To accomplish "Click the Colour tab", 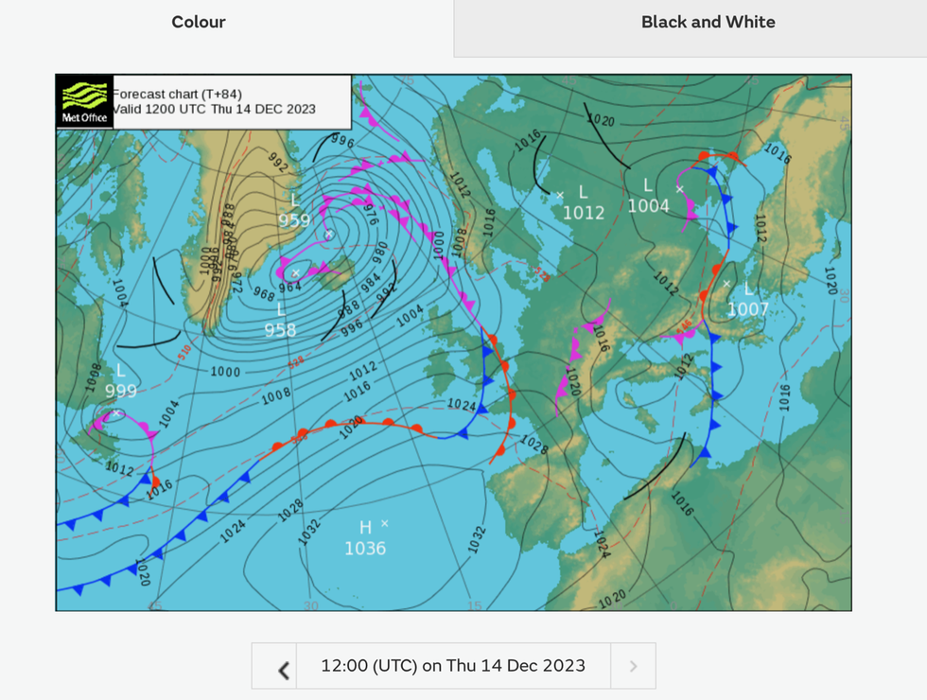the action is pyautogui.click(x=199, y=23).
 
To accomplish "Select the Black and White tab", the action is pyautogui.click(x=708, y=23).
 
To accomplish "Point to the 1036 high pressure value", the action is pyautogui.click(x=365, y=549).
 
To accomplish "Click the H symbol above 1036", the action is pyautogui.click(x=365, y=527).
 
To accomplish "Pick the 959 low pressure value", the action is pyautogui.click(x=294, y=220).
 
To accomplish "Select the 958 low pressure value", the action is pyautogui.click(x=280, y=330).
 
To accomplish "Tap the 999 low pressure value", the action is pyautogui.click(x=120, y=391).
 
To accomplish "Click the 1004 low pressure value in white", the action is pyautogui.click(x=649, y=205).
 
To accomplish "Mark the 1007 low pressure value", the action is pyautogui.click(x=748, y=309).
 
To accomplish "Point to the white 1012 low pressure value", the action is pyautogui.click(x=584, y=213).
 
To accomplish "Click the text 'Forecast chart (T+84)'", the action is pyautogui.click(x=177, y=94).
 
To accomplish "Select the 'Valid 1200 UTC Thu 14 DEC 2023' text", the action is pyautogui.click(x=214, y=110).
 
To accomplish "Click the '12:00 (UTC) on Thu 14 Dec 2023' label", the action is pyautogui.click(x=453, y=666).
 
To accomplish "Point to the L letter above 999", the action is pyautogui.click(x=120, y=371).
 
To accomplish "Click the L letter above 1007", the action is pyautogui.click(x=748, y=289).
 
